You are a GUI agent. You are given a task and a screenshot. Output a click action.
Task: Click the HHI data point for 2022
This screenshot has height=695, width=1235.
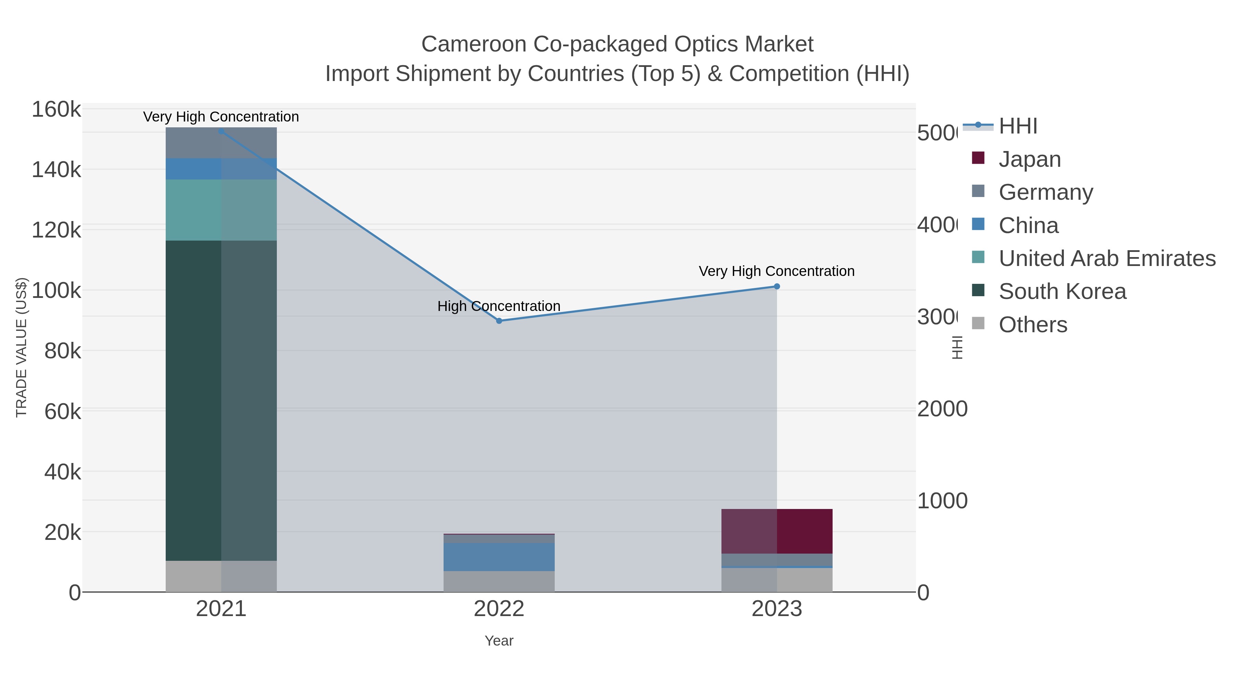pos(498,321)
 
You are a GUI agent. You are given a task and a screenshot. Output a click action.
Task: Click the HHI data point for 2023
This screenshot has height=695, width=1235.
pos(777,286)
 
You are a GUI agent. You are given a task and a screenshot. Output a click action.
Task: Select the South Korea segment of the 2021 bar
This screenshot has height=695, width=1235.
pos(221,401)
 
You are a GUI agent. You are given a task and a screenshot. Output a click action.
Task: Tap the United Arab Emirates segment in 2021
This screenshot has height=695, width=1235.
pos(221,210)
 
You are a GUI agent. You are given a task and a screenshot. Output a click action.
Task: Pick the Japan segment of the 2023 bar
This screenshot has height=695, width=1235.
pos(777,531)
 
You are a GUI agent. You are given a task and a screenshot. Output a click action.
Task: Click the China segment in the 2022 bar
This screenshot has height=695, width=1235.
pos(498,557)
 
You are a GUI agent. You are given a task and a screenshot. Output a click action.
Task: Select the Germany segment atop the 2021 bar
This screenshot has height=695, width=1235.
pos(221,143)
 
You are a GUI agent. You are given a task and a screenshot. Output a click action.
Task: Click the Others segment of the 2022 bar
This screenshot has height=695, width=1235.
pos(498,581)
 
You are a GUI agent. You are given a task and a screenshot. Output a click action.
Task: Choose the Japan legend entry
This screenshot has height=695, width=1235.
pos(1029,159)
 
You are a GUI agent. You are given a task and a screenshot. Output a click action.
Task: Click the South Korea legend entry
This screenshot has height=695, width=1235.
pos(1062,291)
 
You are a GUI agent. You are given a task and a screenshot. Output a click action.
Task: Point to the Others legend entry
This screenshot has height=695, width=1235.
pos(1033,324)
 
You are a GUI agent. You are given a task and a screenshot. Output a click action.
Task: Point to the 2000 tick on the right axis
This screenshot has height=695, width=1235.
pos(942,409)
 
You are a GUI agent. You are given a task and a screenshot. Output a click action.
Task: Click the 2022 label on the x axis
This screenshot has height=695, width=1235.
pos(498,609)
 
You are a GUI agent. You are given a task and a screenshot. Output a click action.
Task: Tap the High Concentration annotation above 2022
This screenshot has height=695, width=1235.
pos(498,306)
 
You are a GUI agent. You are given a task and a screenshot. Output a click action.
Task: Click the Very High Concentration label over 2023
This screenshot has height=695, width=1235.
pos(776,271)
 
